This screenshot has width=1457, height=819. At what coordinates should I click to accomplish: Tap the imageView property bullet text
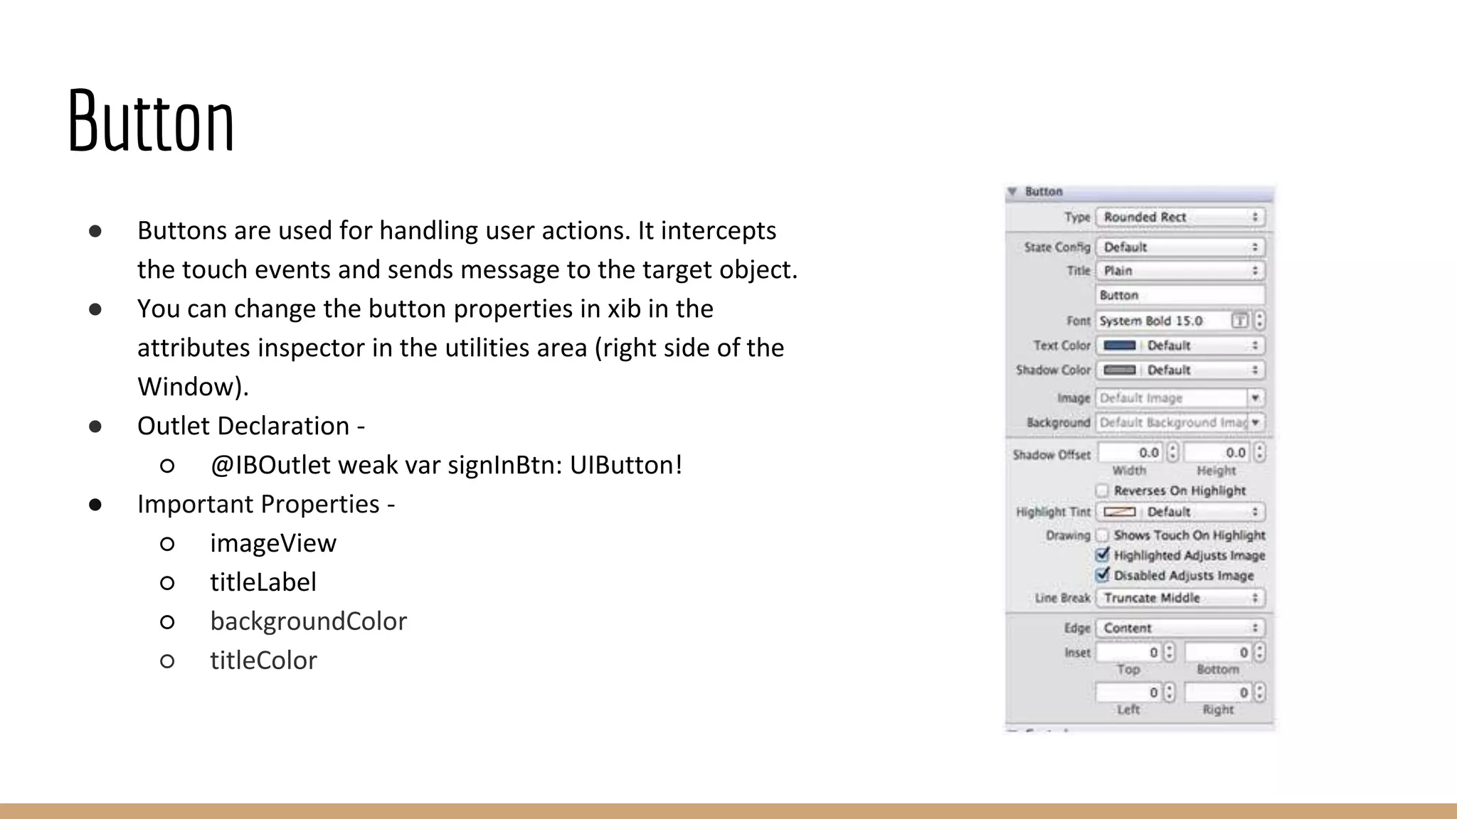(x=272, y=543)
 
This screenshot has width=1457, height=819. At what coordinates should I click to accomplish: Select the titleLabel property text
(x=263, y=582)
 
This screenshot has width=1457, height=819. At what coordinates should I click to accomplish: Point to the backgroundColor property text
(x=308, y=621)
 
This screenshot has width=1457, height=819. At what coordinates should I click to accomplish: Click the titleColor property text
(x=263, y=660)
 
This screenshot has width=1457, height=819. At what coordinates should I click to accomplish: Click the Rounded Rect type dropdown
(x=1180, y=217)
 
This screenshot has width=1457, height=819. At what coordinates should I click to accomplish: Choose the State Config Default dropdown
(x=1180, y=247)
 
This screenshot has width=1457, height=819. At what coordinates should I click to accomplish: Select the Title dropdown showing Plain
(x=1180, y=271)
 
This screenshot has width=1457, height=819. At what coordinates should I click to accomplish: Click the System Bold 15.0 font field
(x=1162, y=321)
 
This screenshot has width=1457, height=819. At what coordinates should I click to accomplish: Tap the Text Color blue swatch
(x=1119, y=346)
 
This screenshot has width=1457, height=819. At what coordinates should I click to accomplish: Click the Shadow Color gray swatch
(x=1119, y=370)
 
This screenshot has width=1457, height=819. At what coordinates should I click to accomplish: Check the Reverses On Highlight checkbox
(x=1102, y=491)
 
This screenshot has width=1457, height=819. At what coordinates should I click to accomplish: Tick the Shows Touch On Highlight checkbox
(x=1102, y=535)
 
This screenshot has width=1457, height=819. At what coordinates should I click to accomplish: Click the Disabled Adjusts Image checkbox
(x=1103, y=574)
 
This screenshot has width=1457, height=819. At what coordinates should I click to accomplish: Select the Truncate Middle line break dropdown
(x=1180, y=598)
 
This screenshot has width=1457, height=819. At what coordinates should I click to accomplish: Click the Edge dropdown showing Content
(x=1180, y=628)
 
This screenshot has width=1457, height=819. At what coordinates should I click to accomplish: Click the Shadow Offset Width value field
(x=1131, y=453)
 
